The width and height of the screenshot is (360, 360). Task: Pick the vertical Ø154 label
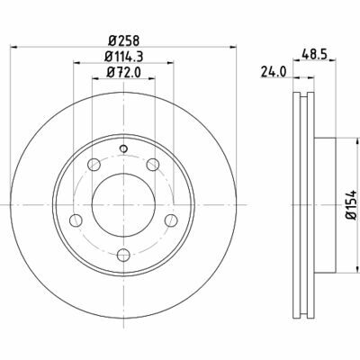click(352, 206)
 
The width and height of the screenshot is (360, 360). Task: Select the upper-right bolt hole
click(153, 165)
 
